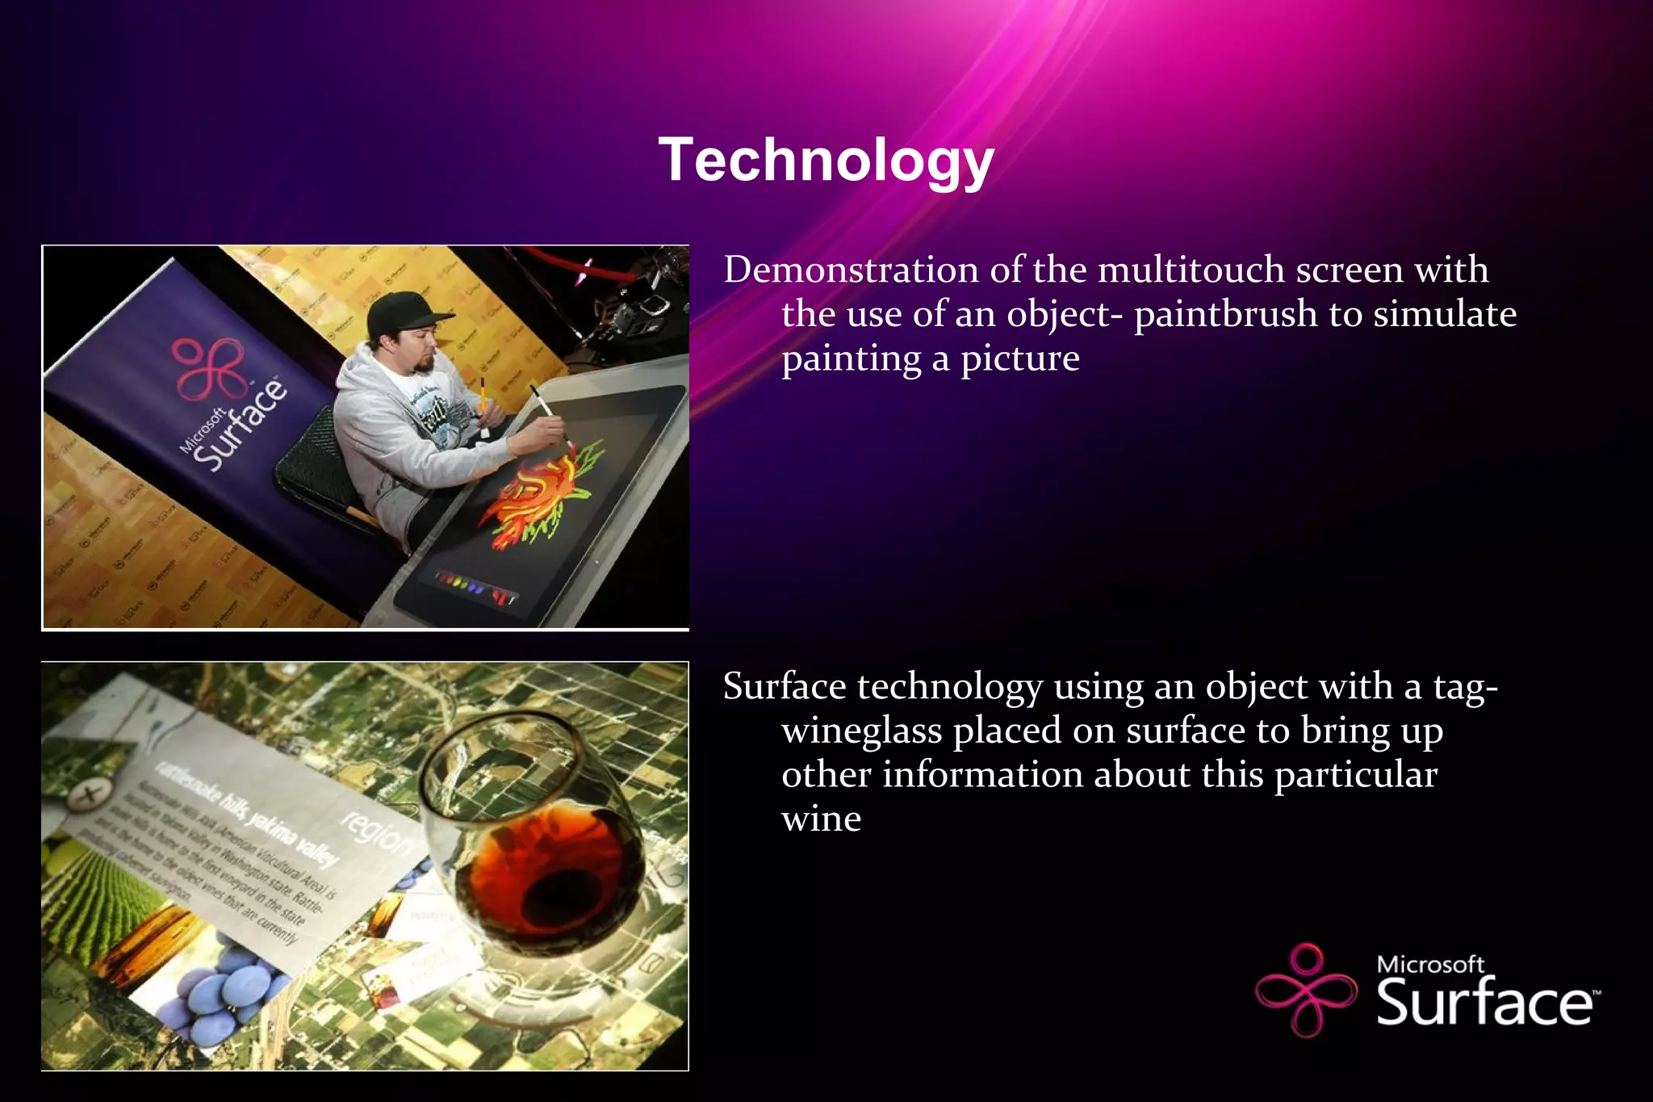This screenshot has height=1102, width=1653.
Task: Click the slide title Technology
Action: (x=826, y=160)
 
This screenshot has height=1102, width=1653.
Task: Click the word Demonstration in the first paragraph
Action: (x=851, y=270)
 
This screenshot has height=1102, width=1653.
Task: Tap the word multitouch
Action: (x=1191, y=270)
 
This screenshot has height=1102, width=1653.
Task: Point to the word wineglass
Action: (x=862, y=731)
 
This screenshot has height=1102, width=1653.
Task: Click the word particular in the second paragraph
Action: (x=1355, y=775)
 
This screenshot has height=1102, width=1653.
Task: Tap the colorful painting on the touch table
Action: (x=541, y=492)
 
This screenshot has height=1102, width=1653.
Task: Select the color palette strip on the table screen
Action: (x=476, y=587)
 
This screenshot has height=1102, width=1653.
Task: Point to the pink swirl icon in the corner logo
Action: (x=1306, y=990)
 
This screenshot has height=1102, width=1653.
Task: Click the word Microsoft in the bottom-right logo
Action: (x=1429, y=964)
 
